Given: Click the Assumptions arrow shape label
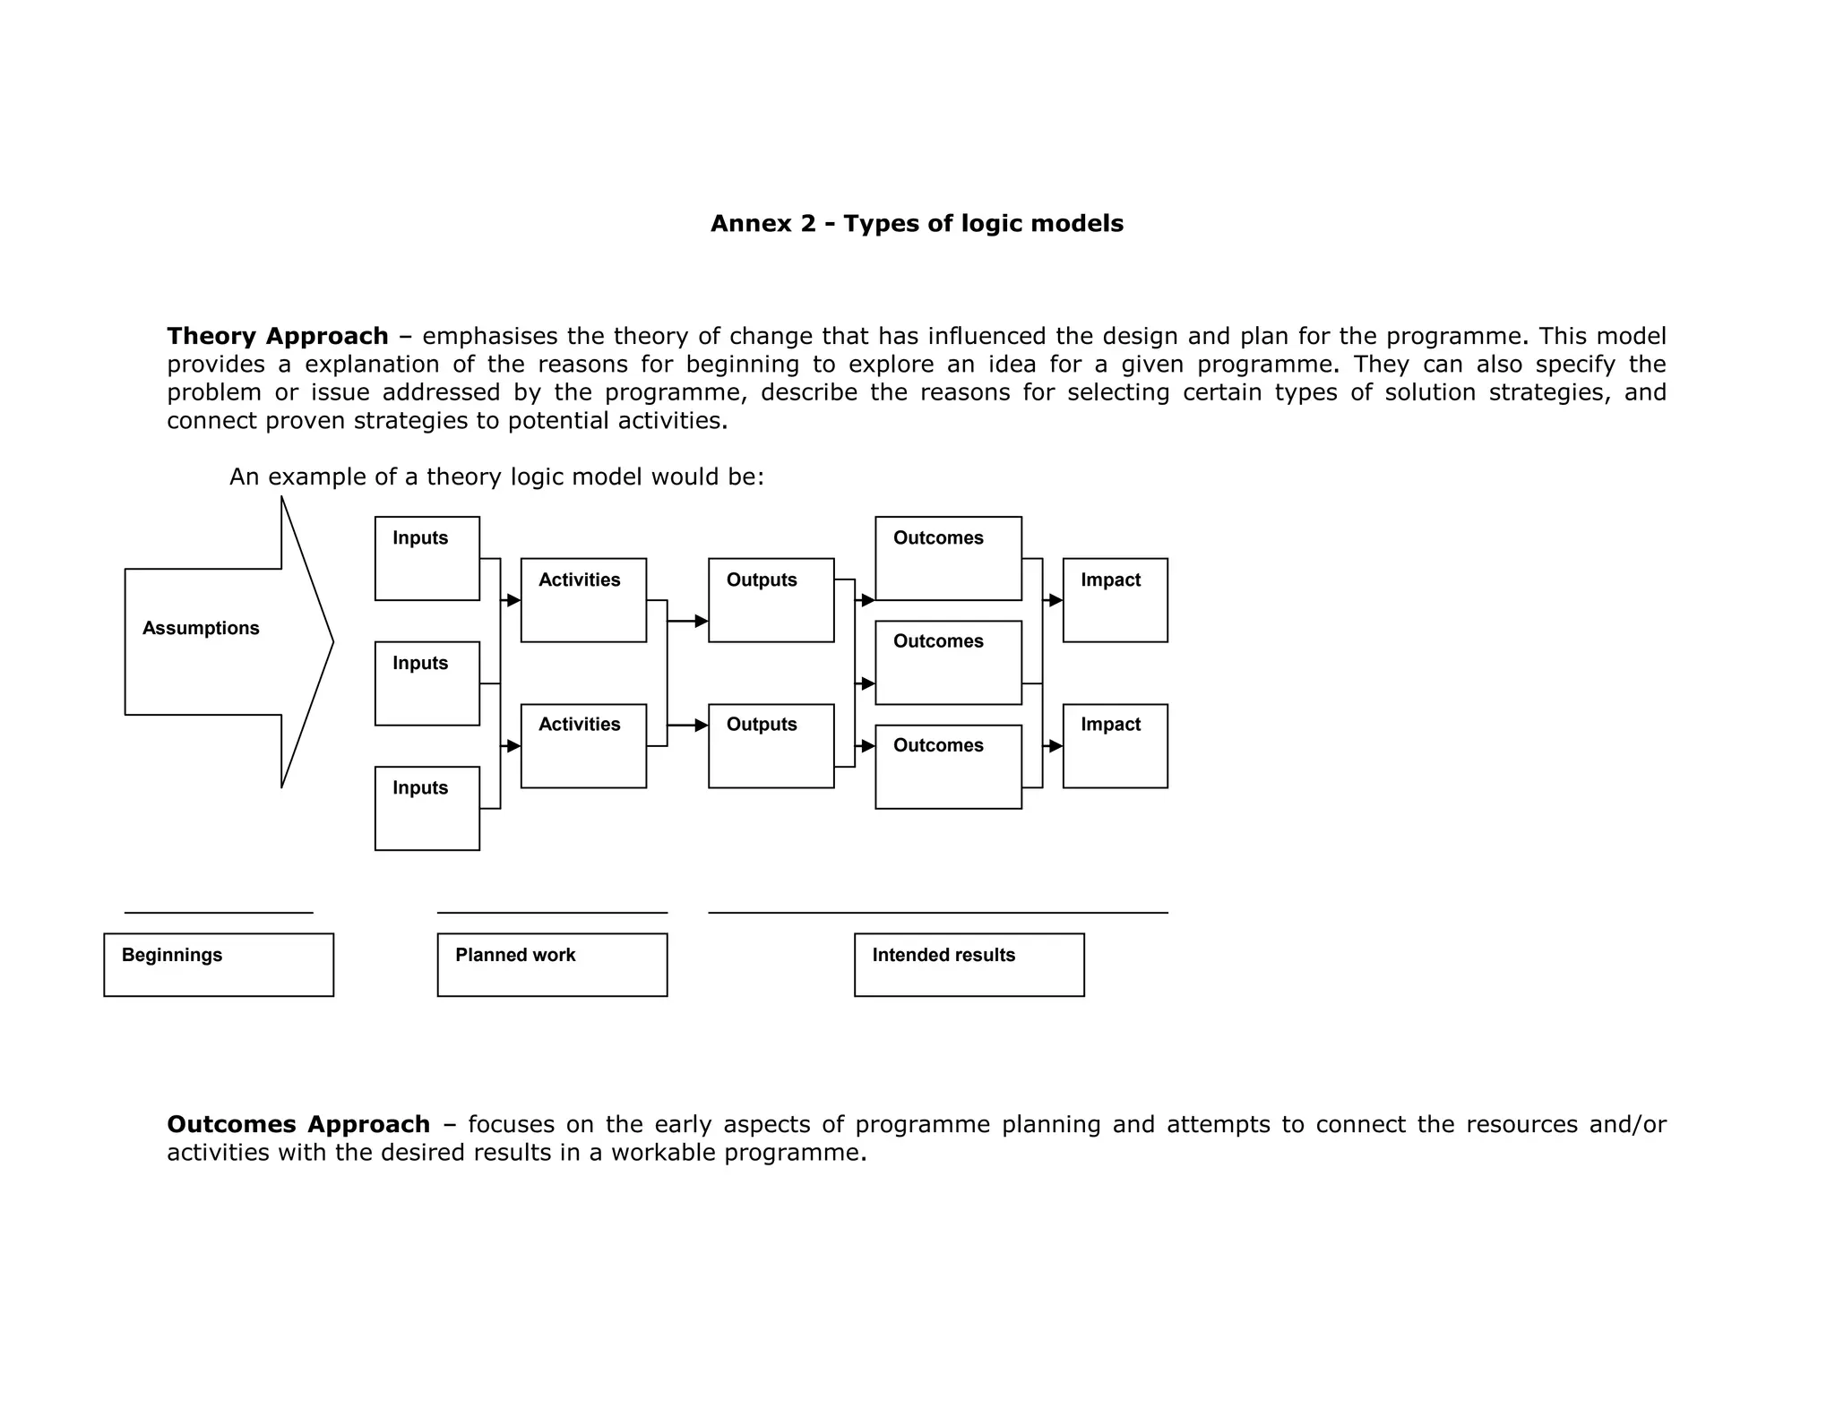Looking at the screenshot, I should tap(201, 628).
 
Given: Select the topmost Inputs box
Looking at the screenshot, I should tap(426, 558).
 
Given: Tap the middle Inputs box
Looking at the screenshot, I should tap(426, 683).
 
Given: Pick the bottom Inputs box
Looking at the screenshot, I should tap(426, 808).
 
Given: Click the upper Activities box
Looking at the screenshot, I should tap(583, 600).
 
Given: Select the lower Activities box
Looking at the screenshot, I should tap(583, 746).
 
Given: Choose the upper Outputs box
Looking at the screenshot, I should tap(771, 600).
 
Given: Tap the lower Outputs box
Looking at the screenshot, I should tap(771, 746).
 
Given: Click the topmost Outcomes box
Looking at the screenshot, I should tap(948, 558).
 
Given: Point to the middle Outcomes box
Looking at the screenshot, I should tap(948, 663).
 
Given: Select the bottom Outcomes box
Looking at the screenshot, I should tap(948, 767).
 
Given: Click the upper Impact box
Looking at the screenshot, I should tap(1115, 600).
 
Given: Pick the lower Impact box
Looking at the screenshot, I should tap(1115, 746).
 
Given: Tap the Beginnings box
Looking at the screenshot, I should tap(219, 965).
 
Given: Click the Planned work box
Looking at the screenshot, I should tap(552, 965).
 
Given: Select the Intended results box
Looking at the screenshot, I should tap(969, 965).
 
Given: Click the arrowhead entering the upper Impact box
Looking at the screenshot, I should tap(1055, 600).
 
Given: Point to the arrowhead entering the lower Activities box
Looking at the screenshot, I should tap(513, 746).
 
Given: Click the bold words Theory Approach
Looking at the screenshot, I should tap(278, 336).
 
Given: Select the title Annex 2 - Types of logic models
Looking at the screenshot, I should tap(917, 223).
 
